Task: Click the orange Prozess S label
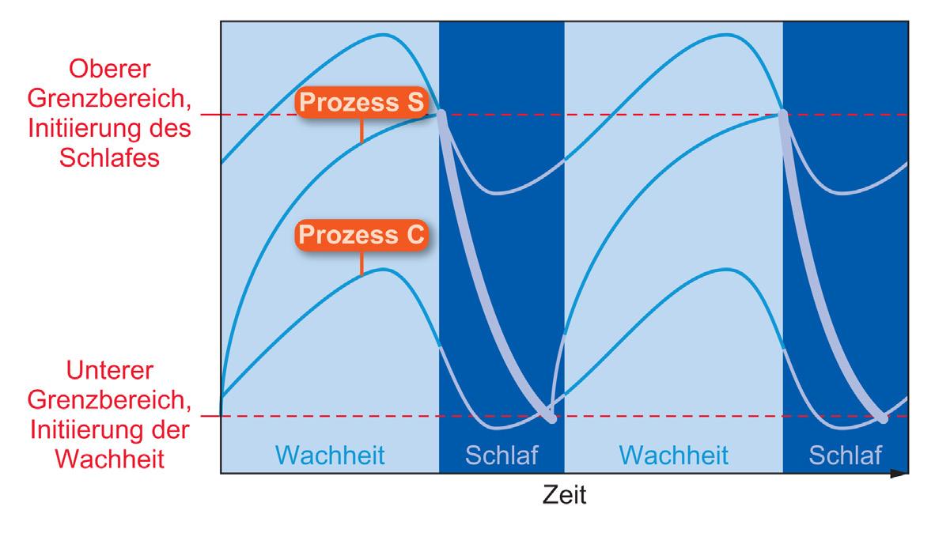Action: (362, 104)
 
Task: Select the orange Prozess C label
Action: (362, 236)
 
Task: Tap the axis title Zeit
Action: (564, 496)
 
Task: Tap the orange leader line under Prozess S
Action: (362, 131)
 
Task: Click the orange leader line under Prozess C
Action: (362, 263)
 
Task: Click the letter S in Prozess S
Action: (415, 104)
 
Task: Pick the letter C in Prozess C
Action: (415, 236)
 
